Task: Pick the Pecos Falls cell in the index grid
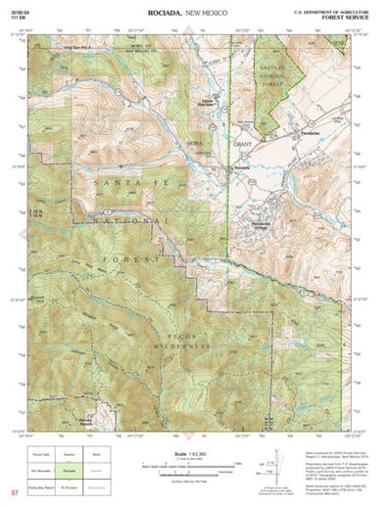41,453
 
